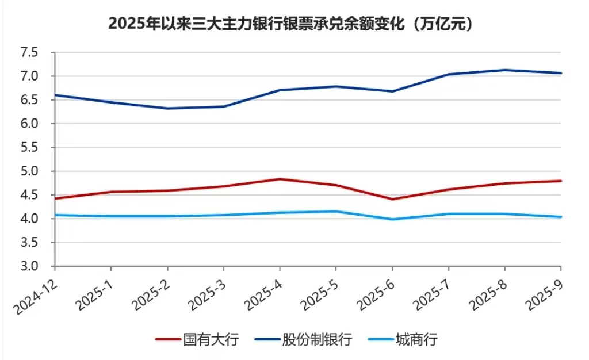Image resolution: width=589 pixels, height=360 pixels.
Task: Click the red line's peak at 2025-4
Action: [x=280, y=179]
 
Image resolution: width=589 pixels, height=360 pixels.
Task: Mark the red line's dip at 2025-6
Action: [x=392, y=199]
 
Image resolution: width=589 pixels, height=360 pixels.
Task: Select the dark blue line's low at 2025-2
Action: [x=167, y=108]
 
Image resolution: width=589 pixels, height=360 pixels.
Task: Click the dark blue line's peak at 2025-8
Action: [x=505, y=70]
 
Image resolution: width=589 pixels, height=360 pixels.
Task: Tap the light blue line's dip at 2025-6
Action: [x=392, y=219]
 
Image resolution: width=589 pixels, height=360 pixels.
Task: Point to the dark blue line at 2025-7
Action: [x=449, y=74]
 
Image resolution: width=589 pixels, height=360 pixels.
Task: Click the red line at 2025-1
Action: [x=110, y=192]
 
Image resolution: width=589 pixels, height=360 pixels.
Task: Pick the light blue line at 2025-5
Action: [x=336, y=211]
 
